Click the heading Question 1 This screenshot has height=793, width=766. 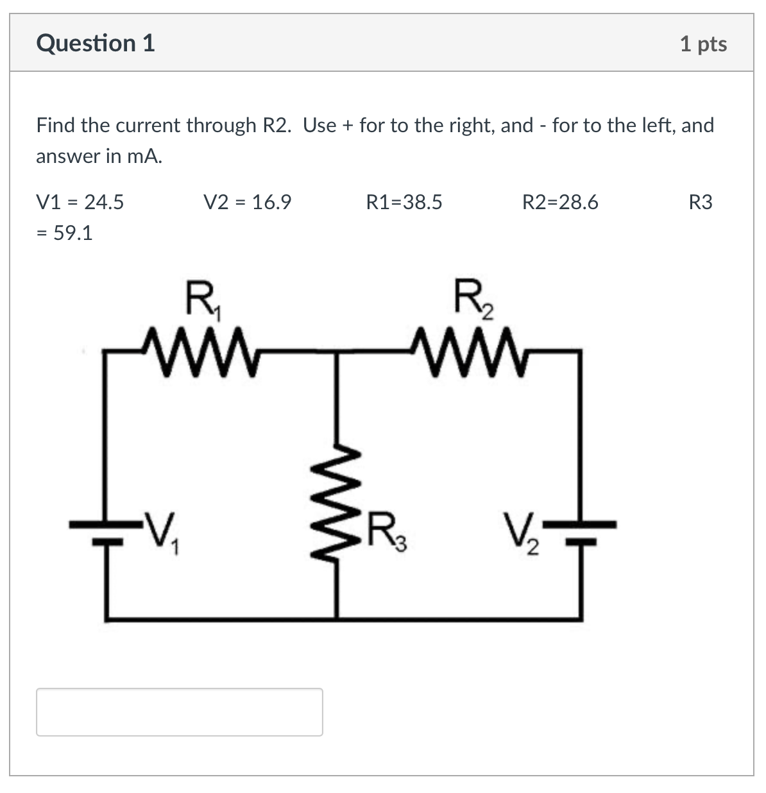96,44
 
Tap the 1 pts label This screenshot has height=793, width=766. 703,44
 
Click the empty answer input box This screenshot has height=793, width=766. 179,712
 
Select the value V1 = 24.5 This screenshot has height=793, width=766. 80,203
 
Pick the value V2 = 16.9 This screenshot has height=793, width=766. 247,203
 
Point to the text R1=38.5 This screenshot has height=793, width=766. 404,203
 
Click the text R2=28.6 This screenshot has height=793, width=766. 560,203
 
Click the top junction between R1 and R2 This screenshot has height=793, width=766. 337,351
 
